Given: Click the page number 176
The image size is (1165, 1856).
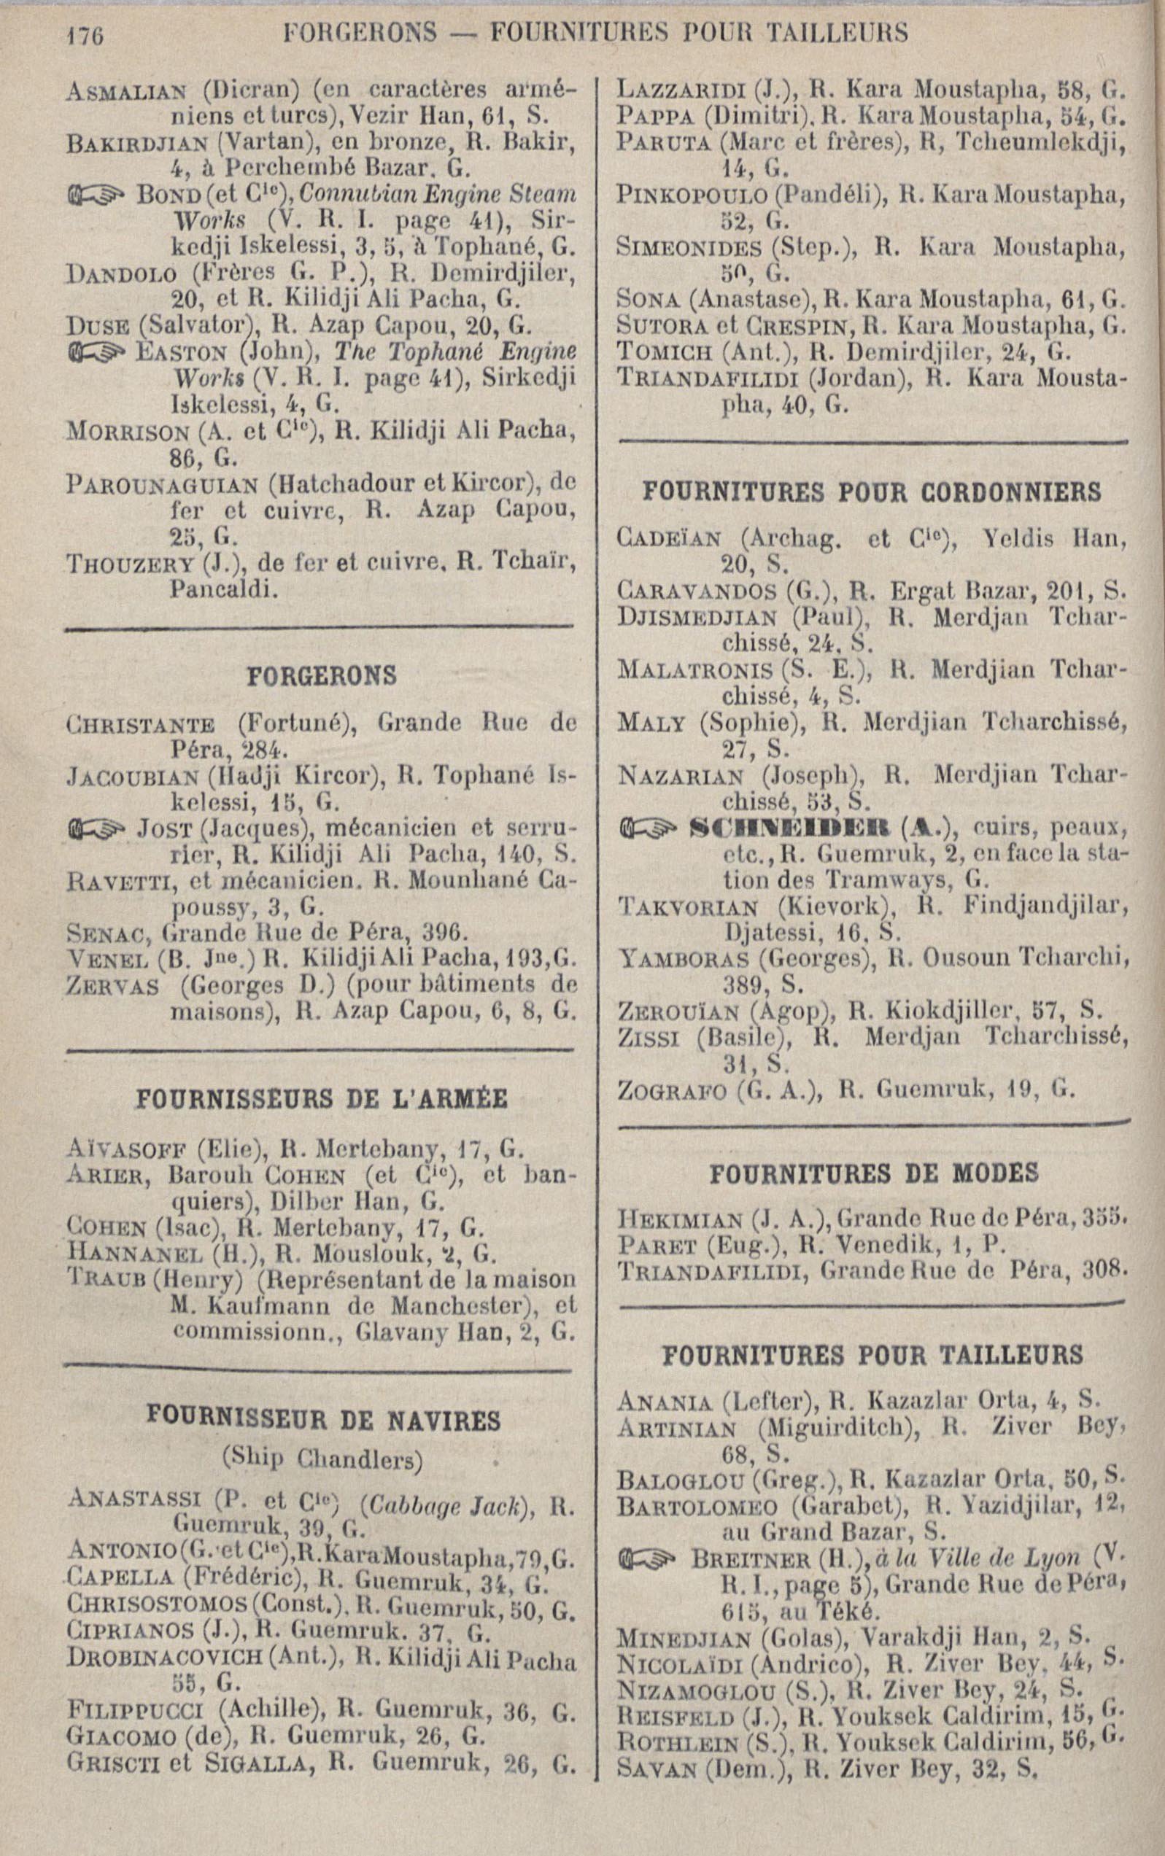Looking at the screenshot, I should pyautogui.click(x=80, y=34).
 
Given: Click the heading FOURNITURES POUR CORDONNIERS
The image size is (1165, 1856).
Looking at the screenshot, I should pyautogui.click(x=872, y=492).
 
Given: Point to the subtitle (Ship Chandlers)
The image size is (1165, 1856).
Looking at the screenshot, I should pyautogui.click(x=322, y=1457).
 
